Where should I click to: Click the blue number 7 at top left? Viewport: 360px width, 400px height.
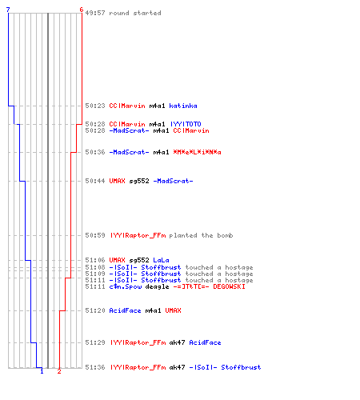point(8,10)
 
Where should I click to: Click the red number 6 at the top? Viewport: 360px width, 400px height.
point(82,10)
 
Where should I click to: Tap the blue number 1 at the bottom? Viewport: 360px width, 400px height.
point(42,371)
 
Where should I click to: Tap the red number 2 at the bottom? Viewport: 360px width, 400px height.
point(59,371)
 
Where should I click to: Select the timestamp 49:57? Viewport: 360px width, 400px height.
point(95,13)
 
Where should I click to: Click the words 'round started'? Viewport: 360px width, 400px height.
point(135,13)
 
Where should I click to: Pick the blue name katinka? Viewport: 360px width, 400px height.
point(183,106)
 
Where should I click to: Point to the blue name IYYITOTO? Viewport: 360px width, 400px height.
point(186,124)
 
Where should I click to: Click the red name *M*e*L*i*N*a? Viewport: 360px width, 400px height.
point(197,152)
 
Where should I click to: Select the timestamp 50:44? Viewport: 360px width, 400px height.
point(95,181)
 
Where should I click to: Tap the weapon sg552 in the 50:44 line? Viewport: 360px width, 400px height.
point(139,181)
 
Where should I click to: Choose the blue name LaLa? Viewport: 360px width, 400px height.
point(161,260)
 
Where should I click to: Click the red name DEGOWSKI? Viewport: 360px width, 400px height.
point(229,286)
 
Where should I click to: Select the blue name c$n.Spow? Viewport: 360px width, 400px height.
point(126,286)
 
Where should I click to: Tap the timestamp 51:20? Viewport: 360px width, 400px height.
point(95,310)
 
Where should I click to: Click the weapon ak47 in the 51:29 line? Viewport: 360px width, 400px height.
point(177,342)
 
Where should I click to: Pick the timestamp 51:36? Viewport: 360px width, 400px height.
point(95,367)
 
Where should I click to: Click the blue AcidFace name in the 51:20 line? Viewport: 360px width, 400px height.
point(125,310)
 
